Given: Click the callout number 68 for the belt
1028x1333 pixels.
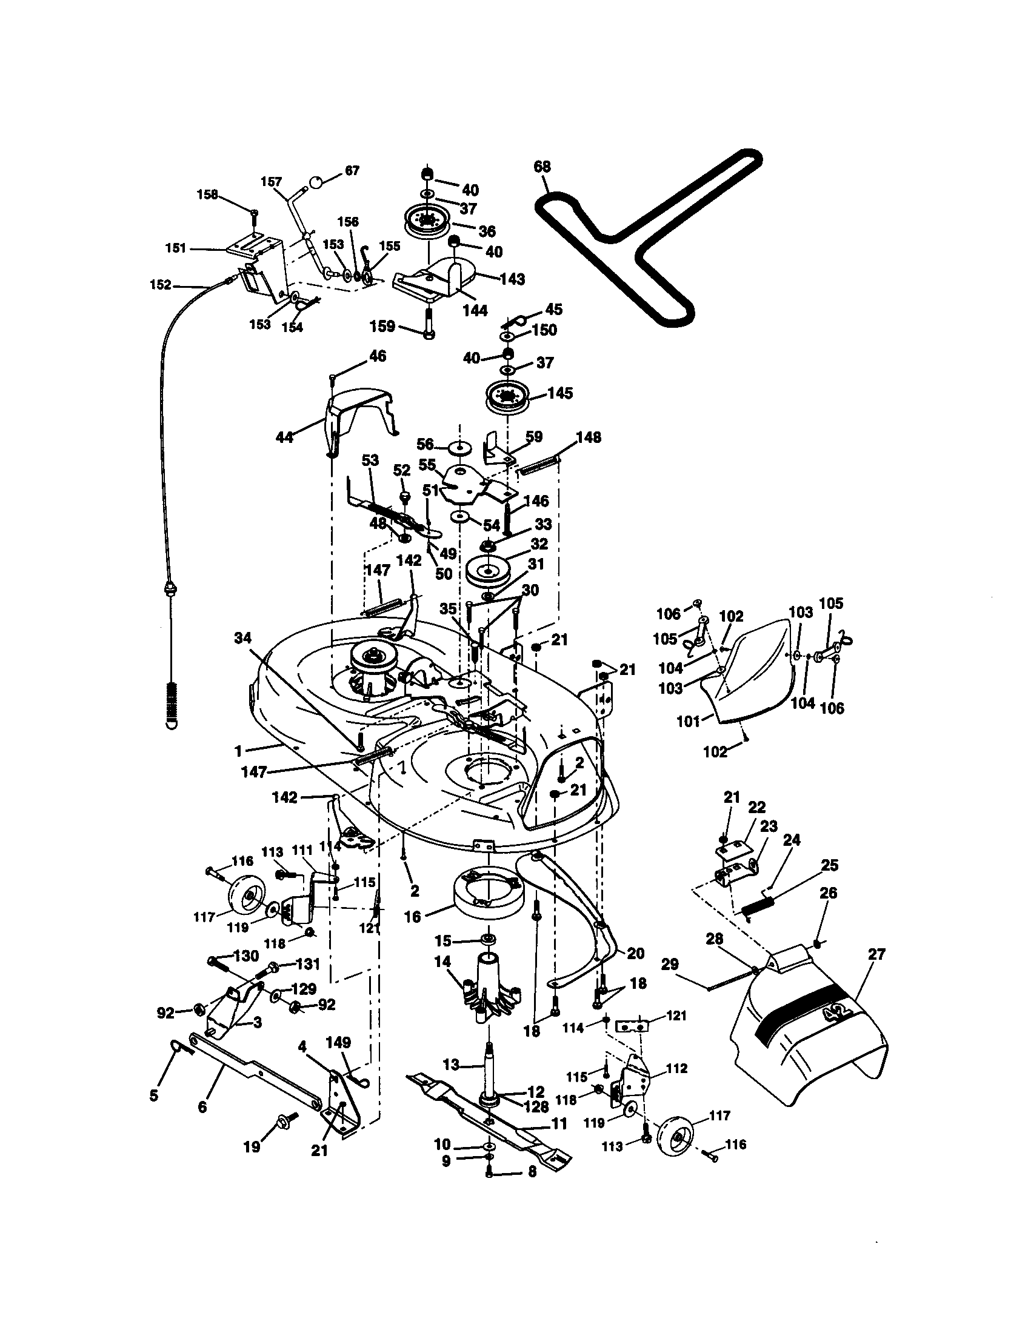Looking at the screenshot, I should (x=542, y=167).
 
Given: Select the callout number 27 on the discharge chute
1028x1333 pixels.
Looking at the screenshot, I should (x=876, y=954).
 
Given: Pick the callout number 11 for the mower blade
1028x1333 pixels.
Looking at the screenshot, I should (x=559, y=1123).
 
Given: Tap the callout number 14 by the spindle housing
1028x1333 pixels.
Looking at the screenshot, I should (x=442, y=962).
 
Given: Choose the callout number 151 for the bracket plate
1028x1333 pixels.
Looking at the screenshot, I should (x=176, y=248).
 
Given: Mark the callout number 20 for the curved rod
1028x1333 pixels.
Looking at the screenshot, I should (x=635, y=952).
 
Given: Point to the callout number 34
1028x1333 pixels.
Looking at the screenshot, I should (x=243, y=639).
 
